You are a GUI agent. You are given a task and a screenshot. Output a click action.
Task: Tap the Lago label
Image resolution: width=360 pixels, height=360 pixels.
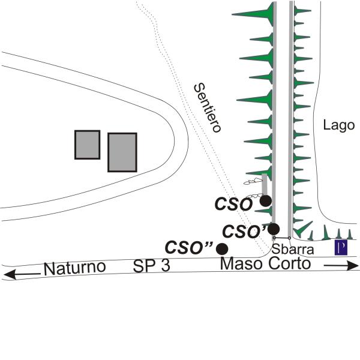point(339,125)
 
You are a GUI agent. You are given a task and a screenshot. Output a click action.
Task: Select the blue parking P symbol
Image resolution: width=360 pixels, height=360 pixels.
point(341,248)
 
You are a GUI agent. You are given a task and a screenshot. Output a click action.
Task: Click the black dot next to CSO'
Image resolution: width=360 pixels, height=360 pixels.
point(274,229)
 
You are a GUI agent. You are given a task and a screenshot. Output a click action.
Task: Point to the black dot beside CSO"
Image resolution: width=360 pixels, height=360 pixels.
point(222,248)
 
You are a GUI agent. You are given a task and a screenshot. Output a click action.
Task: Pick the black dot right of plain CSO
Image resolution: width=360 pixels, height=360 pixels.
point(265,201)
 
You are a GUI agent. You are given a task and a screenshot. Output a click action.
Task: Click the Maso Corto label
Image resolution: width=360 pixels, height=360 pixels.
point(265,264)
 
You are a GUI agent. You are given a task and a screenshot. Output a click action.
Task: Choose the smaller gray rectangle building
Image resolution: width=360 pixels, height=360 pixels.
point(87,145)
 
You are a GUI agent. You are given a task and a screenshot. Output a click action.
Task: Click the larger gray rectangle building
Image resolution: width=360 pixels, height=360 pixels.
point(122,152)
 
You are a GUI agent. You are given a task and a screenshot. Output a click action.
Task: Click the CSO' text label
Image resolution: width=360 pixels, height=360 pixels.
point(244,230)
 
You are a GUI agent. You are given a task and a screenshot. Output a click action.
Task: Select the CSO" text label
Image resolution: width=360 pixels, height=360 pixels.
point(190,247)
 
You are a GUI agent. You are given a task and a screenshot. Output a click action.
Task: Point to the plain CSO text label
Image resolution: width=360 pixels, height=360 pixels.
point(234,204)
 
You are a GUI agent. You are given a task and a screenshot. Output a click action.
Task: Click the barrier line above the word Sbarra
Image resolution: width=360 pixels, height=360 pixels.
point(282,238)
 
